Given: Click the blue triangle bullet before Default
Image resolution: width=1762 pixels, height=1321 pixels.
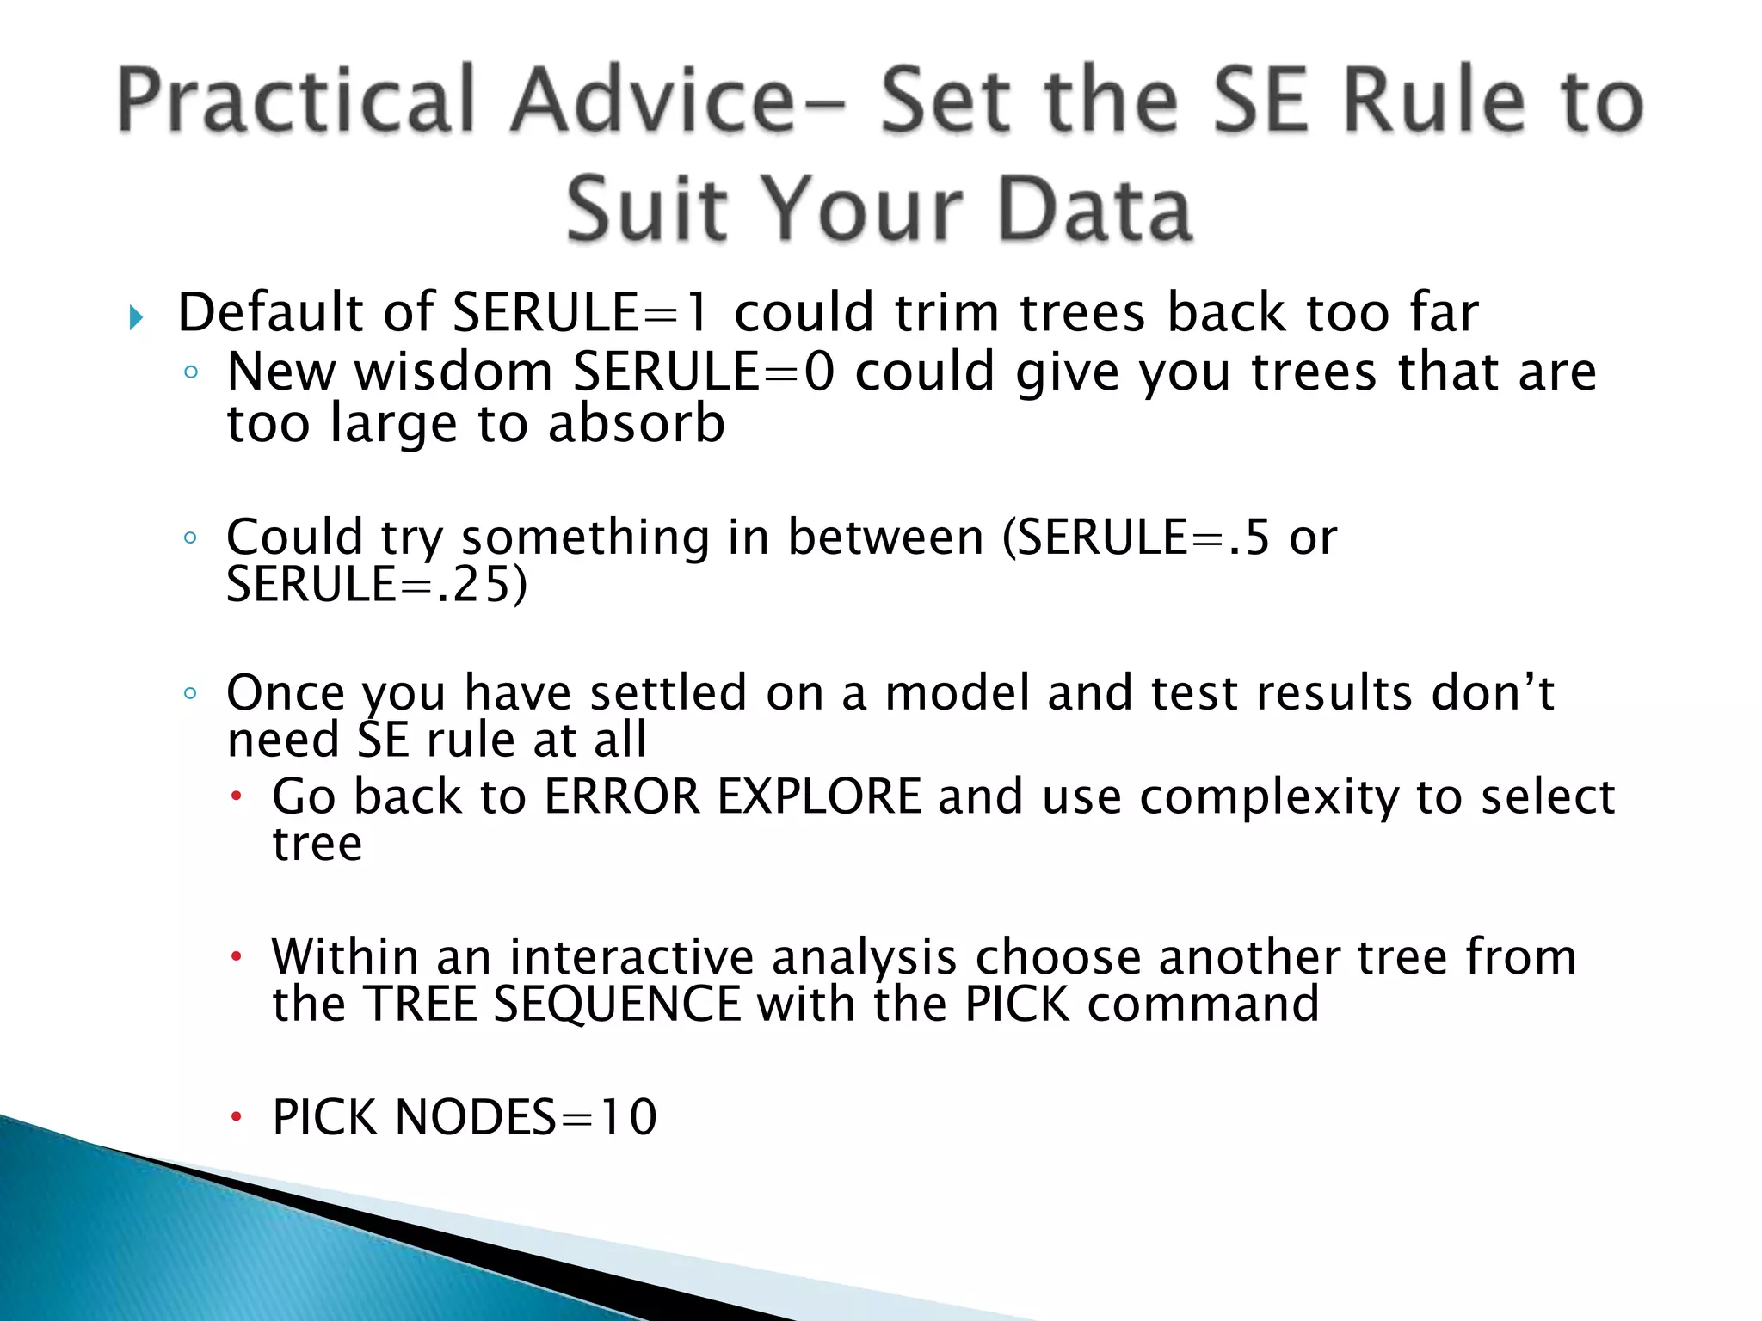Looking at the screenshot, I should pos(136,318).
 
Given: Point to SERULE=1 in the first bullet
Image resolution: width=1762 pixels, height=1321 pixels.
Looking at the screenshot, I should pos(582,312).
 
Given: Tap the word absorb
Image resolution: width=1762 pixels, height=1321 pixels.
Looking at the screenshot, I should pos(637,424).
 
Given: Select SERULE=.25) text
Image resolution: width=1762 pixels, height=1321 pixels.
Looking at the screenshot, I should pos(377,585).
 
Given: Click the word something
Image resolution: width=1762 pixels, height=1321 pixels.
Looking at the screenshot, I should pos(585,538).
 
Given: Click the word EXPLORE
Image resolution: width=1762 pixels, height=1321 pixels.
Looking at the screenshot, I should pos(820,796).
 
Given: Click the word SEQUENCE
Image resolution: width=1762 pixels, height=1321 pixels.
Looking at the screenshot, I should pos(617,1005).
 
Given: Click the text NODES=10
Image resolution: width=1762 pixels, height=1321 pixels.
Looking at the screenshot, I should pos(526,1117).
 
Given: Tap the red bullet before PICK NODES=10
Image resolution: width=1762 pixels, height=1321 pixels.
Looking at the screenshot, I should pos(237,1117).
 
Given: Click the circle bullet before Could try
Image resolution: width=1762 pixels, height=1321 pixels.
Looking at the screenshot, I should pos(191,538).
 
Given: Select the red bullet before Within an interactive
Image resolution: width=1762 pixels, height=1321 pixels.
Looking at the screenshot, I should pos(237,956).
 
